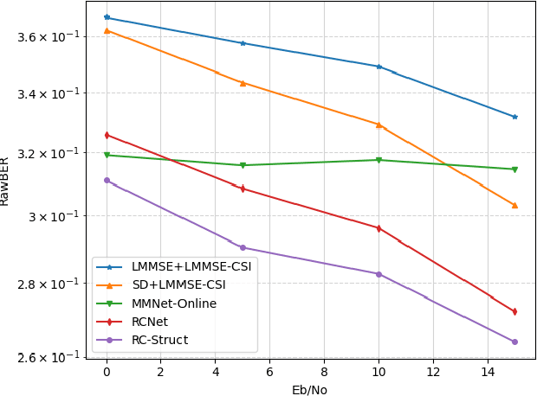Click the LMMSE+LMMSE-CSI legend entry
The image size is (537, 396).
point(191,267)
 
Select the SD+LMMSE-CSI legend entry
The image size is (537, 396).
point(178,285)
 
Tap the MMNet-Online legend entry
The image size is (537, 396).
point(174,303)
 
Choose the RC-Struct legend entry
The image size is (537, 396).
point(159,340)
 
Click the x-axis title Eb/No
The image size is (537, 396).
point(309,389)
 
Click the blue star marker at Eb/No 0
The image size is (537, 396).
point(107,17)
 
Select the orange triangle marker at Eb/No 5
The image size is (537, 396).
point(243,83)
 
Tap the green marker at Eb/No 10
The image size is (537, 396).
point(378,160)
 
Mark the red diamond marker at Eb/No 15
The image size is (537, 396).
point(514,311)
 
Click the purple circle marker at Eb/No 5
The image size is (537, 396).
point(243,247)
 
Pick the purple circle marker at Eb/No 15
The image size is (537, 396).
point(514,342)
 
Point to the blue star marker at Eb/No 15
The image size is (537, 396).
point(514,117)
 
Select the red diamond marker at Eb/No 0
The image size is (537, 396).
point(107,135)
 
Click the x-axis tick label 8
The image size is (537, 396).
point(324,372)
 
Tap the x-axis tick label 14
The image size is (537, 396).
point(488,372)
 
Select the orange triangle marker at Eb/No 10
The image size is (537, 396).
point(378,125)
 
